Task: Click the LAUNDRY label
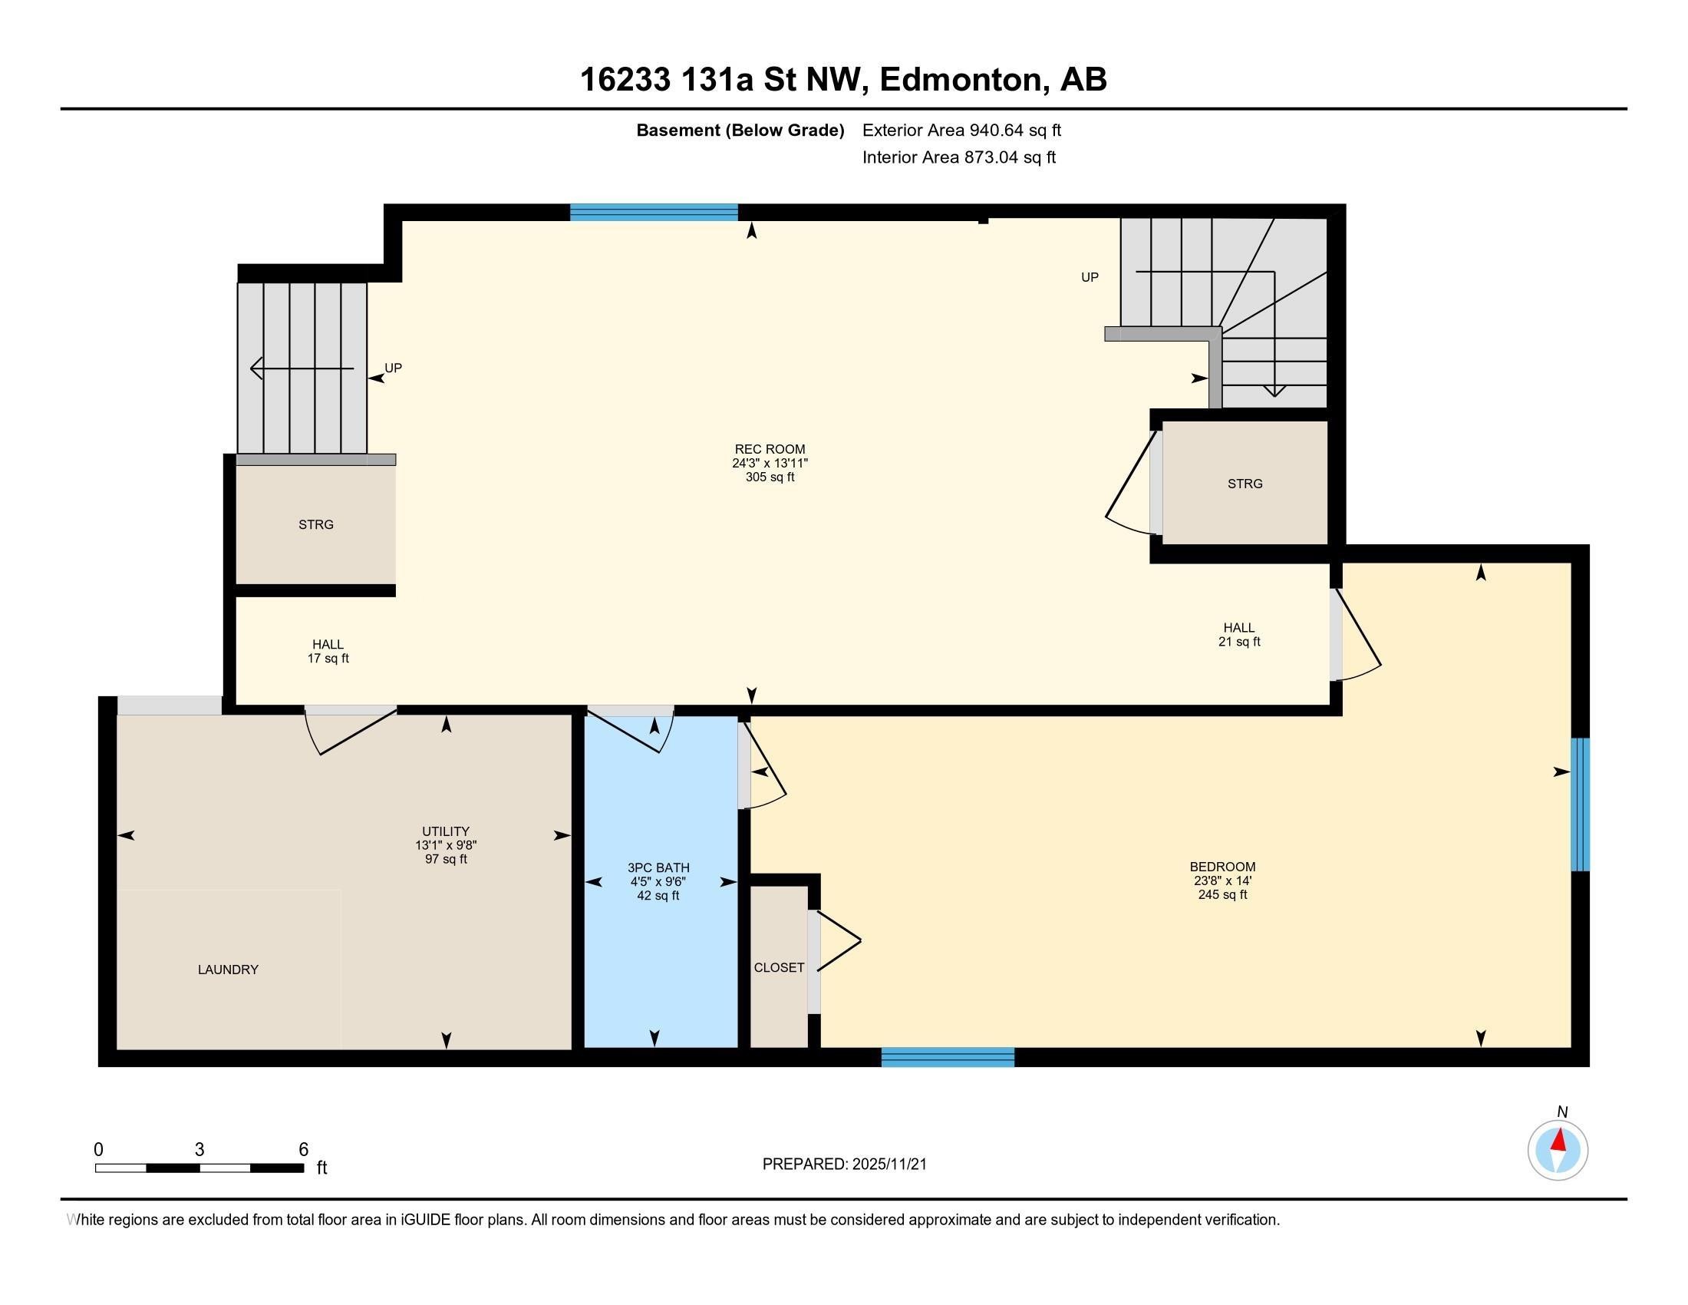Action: pos(228,970)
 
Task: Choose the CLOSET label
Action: pos(779,968)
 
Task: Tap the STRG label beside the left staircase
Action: pos(316,525)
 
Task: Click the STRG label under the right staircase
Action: pos(1245,484)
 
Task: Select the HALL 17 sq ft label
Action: pos(328,651)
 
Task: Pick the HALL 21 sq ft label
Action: pos(1239,634)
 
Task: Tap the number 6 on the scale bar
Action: pos(304,1149)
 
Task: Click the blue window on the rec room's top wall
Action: pos(654,213)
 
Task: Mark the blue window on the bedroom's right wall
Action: pos(1581,804)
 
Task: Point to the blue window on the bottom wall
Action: pos(948,1058)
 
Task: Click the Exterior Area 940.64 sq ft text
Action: pos(961,130)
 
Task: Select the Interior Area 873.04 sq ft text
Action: pos(958,157)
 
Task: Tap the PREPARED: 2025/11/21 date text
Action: pos(844,1165)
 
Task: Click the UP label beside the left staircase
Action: pos(394,368)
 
